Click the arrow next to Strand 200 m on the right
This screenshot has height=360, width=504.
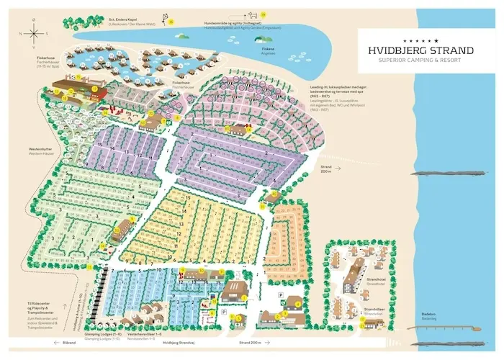(x=328, y=174)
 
